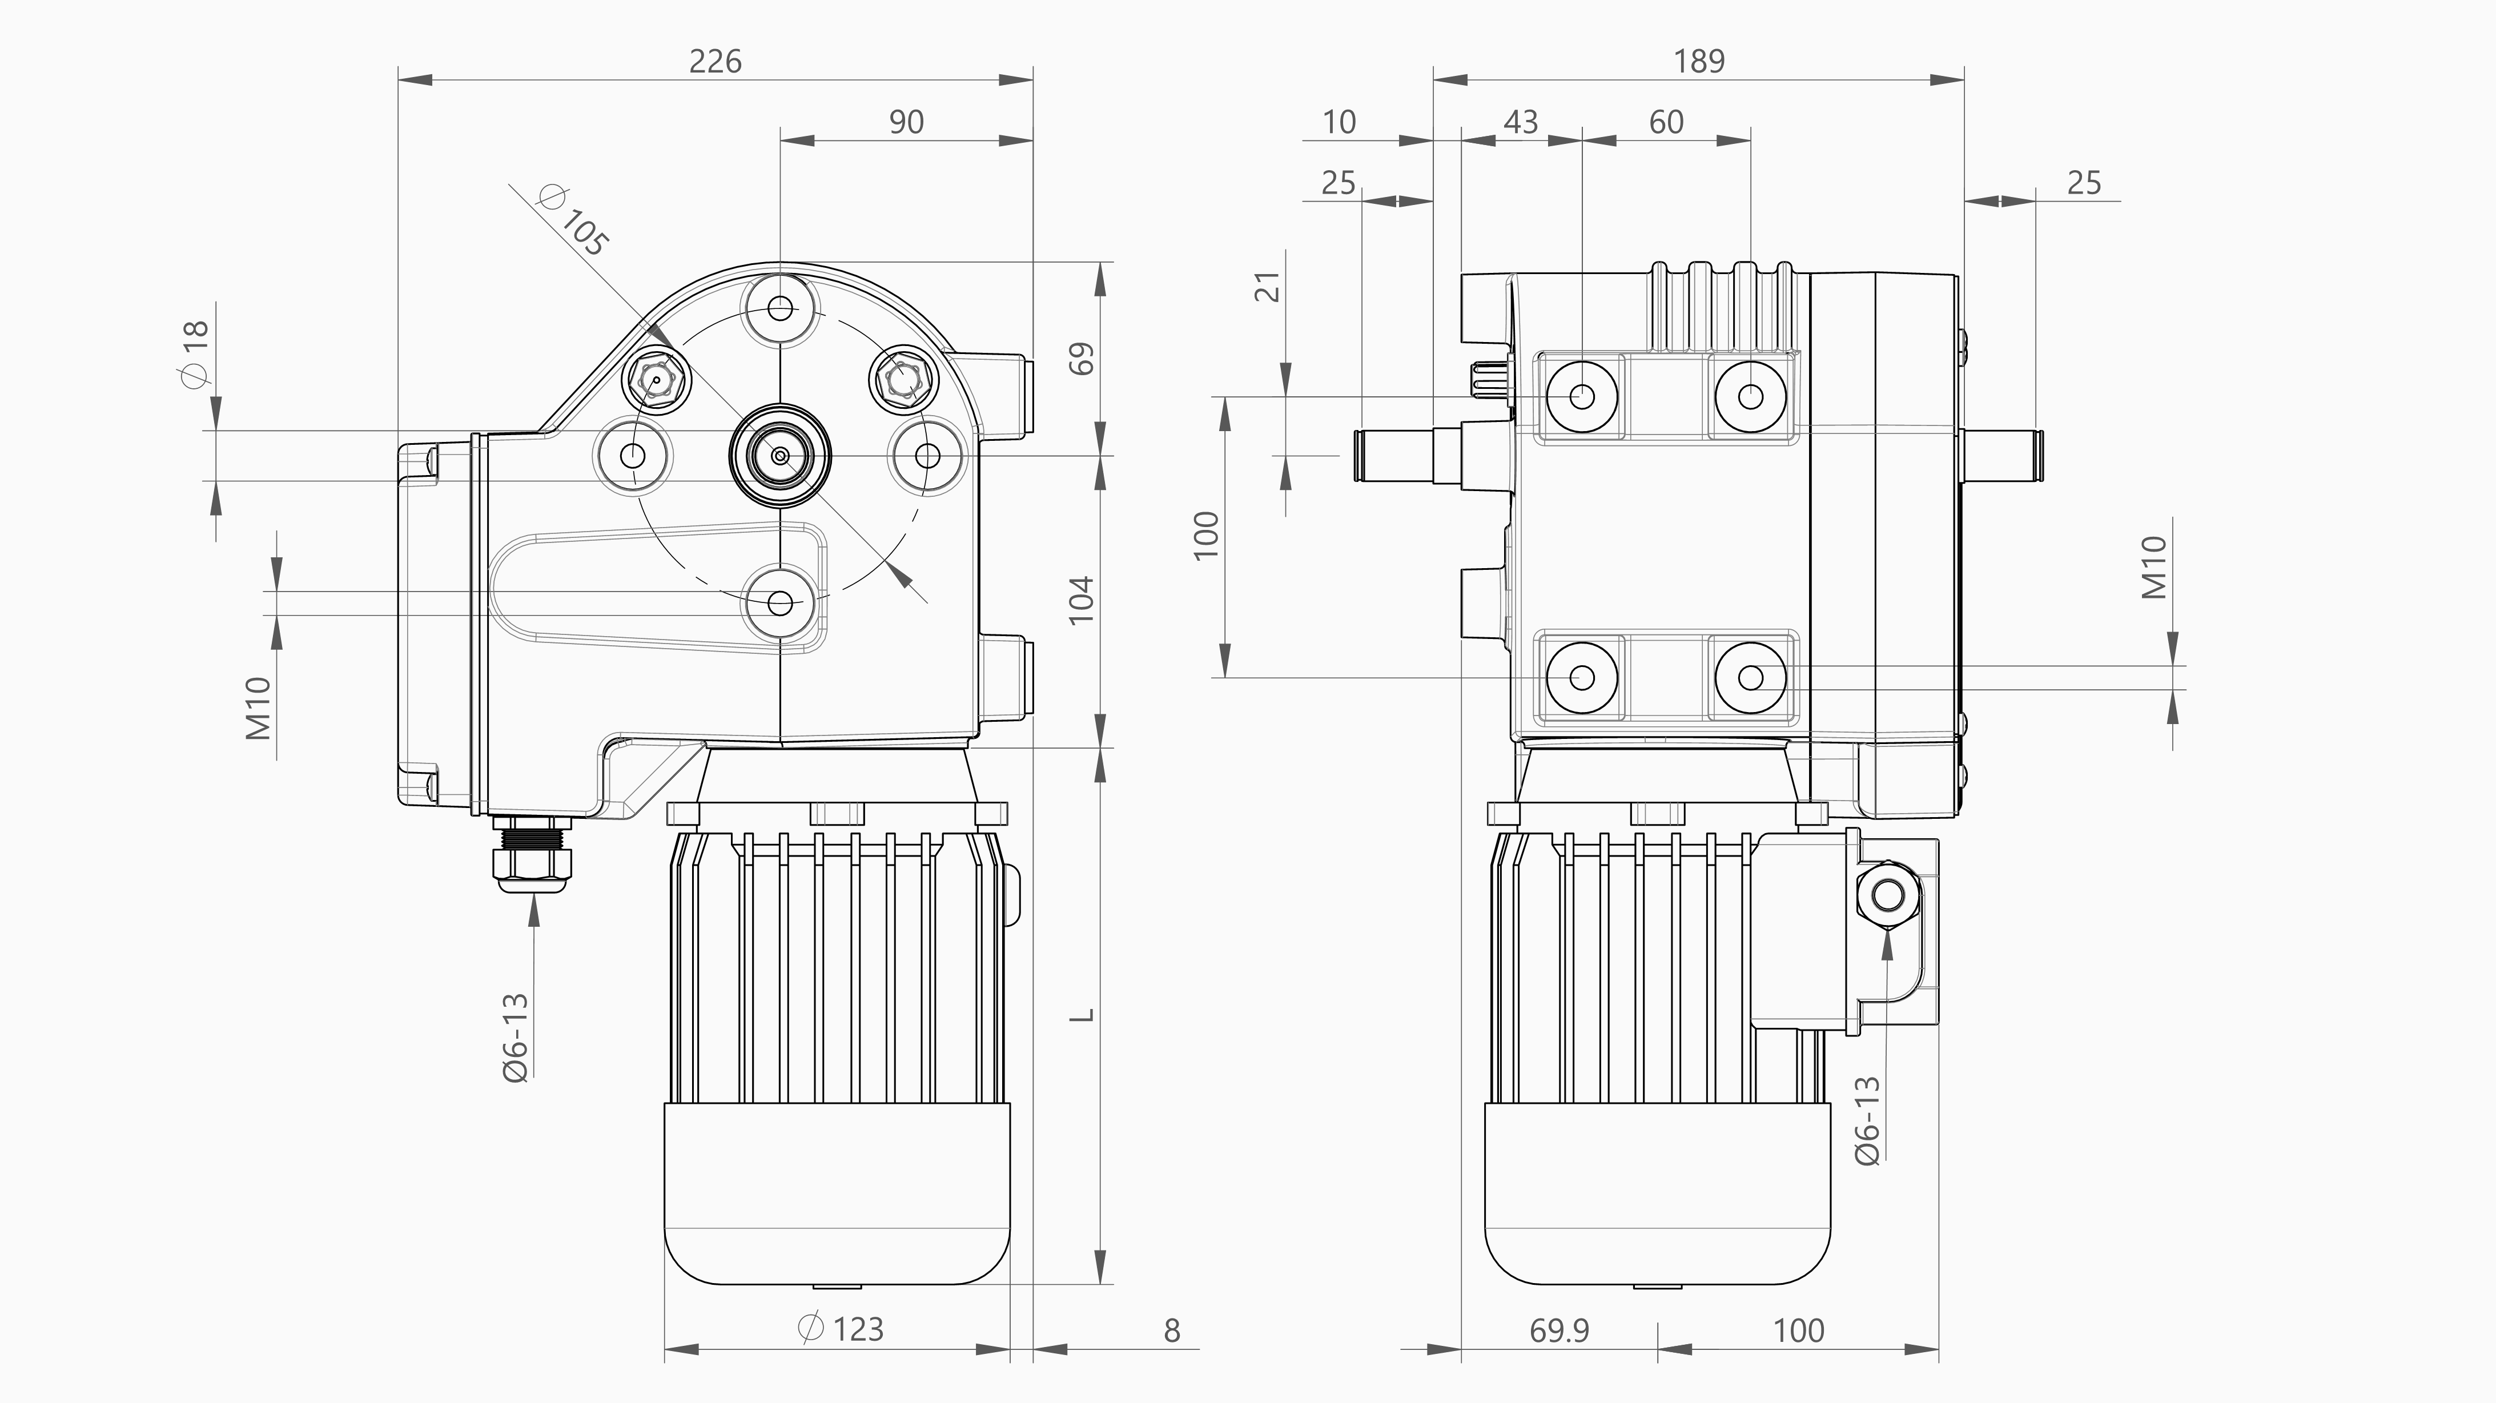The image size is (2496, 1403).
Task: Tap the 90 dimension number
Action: tap(906, 123)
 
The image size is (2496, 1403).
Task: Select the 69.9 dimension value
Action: tap(1559, 1331)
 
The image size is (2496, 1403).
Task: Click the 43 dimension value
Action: tap(1520, 123)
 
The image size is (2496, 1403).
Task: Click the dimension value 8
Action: tap(1171, 1331)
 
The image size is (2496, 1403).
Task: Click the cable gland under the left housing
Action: tap(532, 855)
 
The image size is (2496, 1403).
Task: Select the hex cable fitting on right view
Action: tap(1887, 893)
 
